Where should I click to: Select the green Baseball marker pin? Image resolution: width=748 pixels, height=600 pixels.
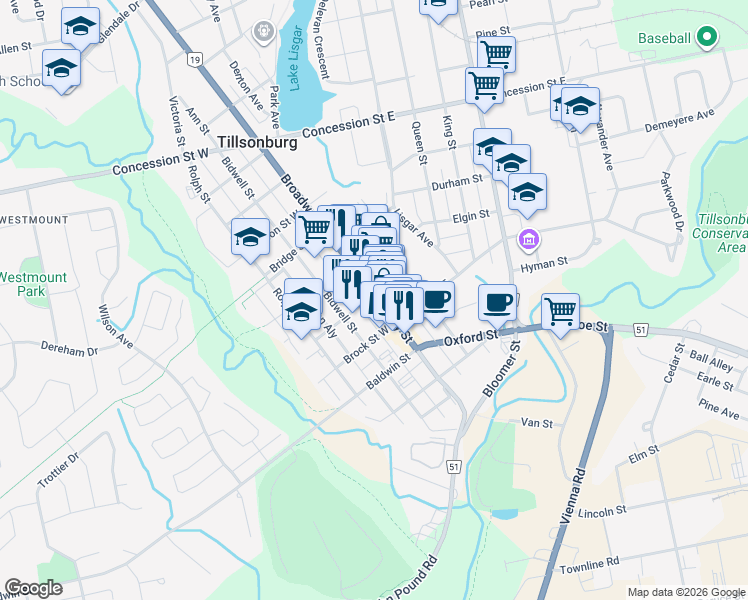pyautogui.click(x=707, y=38)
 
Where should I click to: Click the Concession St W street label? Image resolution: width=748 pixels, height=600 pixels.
pyautogui.click(x=159, y=162)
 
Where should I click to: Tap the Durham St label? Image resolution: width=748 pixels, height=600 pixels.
pyautogui.click(x=457, y=184)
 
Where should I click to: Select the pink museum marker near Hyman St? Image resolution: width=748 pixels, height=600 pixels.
pyautogui.click(x=528, y=240)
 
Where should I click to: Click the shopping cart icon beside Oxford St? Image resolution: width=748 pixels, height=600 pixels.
pyautogui.click(x=561, y=311)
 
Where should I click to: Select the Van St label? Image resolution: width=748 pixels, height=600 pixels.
pyautogui.click(x=537, y=423)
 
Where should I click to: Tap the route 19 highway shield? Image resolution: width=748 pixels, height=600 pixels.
pyautogui.click(x=194, y=60)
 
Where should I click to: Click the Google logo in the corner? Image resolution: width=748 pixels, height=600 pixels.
pyautogui.click(x=35, y=588)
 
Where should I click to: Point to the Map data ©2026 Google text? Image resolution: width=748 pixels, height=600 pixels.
pyautogui.click(x=685, y=592)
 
